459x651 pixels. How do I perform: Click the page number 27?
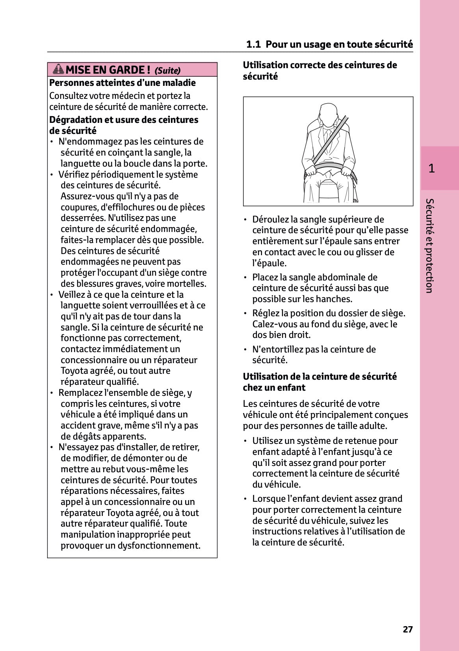(408, 629)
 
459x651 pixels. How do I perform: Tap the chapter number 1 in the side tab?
(431, 169)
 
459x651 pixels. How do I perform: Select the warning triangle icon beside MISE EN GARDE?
(58, 69)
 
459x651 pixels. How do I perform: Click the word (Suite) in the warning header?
(167, 70)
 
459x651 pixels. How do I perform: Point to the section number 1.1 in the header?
(253, 44)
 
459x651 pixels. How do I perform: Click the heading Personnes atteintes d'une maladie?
(122, 83)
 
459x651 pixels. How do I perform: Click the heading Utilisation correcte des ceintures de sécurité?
(320, 70)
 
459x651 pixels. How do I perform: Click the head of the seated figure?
(327, 114)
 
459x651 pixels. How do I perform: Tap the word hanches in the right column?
(334, 299)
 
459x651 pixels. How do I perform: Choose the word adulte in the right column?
(372, 426)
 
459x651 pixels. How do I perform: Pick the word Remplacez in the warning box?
(80, 393)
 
